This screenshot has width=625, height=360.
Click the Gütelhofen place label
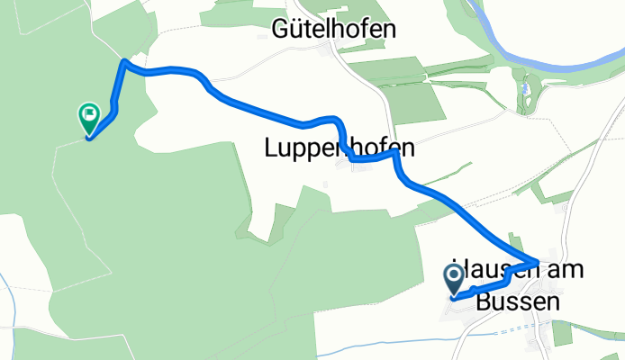[334, 30]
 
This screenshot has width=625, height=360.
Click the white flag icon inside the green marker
[89, 114]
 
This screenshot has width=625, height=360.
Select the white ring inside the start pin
[455, 274]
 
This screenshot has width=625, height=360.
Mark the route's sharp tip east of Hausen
[539, 262]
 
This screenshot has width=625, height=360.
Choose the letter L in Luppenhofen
[271, 148]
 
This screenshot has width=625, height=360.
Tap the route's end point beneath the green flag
[88, 137]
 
